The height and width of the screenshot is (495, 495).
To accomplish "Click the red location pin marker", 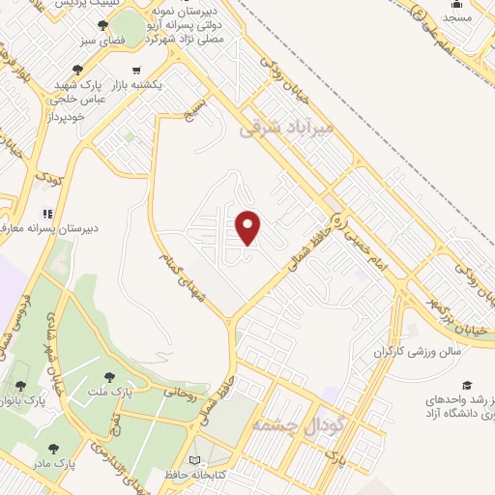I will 248,227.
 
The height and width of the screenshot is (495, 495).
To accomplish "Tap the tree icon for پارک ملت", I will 108,375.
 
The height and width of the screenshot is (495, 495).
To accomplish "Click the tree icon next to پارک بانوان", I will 20,385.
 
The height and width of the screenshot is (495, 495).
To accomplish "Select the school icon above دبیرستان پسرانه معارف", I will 44,213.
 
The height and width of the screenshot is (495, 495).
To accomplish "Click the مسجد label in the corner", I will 457,18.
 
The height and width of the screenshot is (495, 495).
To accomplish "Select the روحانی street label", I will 180,393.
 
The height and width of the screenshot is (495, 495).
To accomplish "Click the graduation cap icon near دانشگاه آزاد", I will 468,385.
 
